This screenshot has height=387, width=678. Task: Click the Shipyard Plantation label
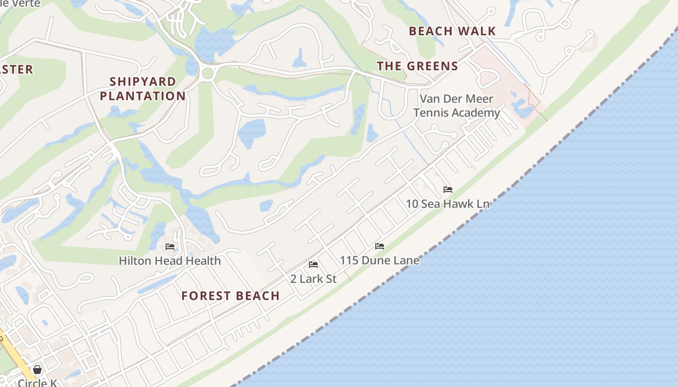click(x=143, y=89)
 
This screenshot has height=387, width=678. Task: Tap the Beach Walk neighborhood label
click(x=452, y=31)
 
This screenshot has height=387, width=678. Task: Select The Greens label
click(x=417, y=66)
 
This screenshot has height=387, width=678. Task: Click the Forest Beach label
click(x=231, y=296)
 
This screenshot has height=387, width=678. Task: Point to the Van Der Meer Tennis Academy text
click(x=456, y=106)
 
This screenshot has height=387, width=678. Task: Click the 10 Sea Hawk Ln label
click(x=447, y=204)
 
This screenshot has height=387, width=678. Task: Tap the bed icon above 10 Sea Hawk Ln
click(x=448, y=190)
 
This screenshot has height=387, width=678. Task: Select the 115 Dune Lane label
click(x=379, y=261)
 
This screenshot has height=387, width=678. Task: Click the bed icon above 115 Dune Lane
click(x=380, y=246)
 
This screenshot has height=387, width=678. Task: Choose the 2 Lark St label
click(x=313, y=279)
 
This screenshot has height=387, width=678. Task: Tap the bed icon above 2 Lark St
click(x=313, y=265)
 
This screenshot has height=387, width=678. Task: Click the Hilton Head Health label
click(x=169, y=261)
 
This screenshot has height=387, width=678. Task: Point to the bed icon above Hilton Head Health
click(x=170, y=247)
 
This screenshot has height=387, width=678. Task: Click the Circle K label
click(x=37, y=383)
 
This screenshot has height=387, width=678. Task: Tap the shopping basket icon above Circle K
click(x=37, y=370)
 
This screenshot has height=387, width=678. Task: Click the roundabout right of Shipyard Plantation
click(x=208, y=74)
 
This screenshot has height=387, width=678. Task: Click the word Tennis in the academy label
click(x=431, y=113)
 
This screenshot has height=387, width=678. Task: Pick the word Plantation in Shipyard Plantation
click(x=143, y=96)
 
